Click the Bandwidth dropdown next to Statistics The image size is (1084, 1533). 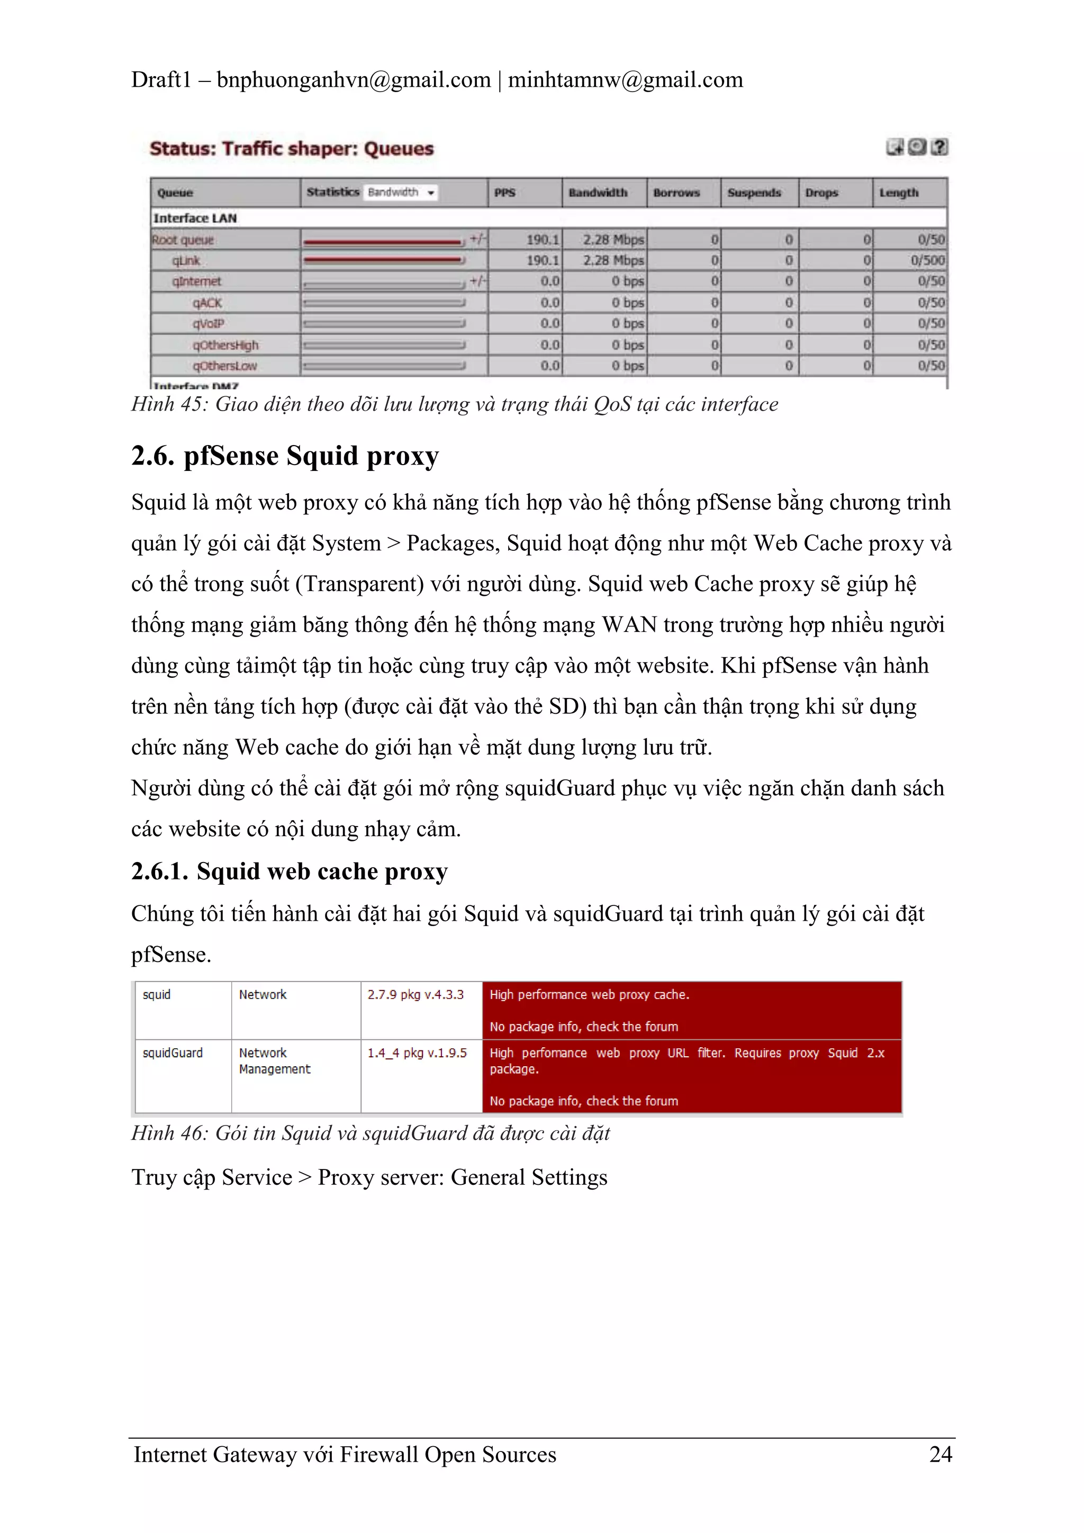401,192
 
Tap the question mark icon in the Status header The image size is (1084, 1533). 939,147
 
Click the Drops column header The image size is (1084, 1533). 821,193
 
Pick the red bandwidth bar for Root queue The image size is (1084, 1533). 382,240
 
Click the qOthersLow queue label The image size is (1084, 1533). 224,366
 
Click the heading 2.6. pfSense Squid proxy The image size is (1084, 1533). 285,456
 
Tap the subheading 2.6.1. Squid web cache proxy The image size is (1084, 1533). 288,872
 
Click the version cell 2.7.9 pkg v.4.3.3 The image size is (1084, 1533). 415,994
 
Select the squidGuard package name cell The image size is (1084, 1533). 173,1053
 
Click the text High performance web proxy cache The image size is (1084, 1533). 589,994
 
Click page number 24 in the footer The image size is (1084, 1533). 940,1454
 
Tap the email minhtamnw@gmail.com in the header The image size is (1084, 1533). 625,80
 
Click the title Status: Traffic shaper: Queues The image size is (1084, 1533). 291,148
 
